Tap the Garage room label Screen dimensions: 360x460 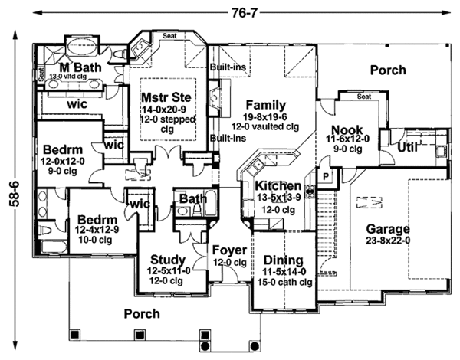pyautogui.click(x=387, y=229)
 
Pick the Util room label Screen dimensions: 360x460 pyautogui.click(x=406, y=146)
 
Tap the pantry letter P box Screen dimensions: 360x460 pyautogui.click(x=324, y=175)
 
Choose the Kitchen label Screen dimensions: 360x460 pyautogui.click(x=278, y=186)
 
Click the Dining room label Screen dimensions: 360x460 pyautogui.click(x=284, y=260)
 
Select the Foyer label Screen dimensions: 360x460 pyautogui.click(x=229, y=250)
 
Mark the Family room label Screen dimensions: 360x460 pyautogui.click(x=264, y=105)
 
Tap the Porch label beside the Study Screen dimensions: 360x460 pyautogui.click(x=140, y=314)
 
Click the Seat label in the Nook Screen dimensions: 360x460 pyautogui.click(x=364, y=97)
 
